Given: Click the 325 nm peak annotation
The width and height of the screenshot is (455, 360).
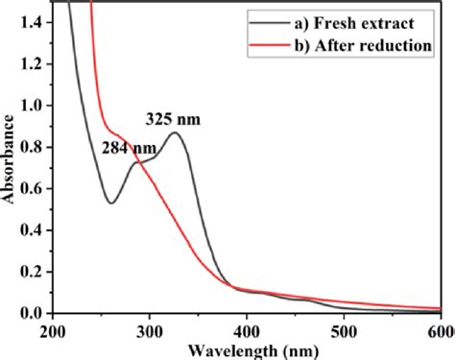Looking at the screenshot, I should coord(175,120).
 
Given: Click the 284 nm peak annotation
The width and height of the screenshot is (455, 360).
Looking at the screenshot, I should coord(129,149).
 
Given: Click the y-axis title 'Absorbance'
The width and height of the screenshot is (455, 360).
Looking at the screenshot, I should coord(9,159).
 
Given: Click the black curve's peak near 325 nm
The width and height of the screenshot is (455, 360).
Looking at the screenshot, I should coord(176,132).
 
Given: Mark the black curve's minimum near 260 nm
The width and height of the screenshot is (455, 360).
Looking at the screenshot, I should coord(112,203).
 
